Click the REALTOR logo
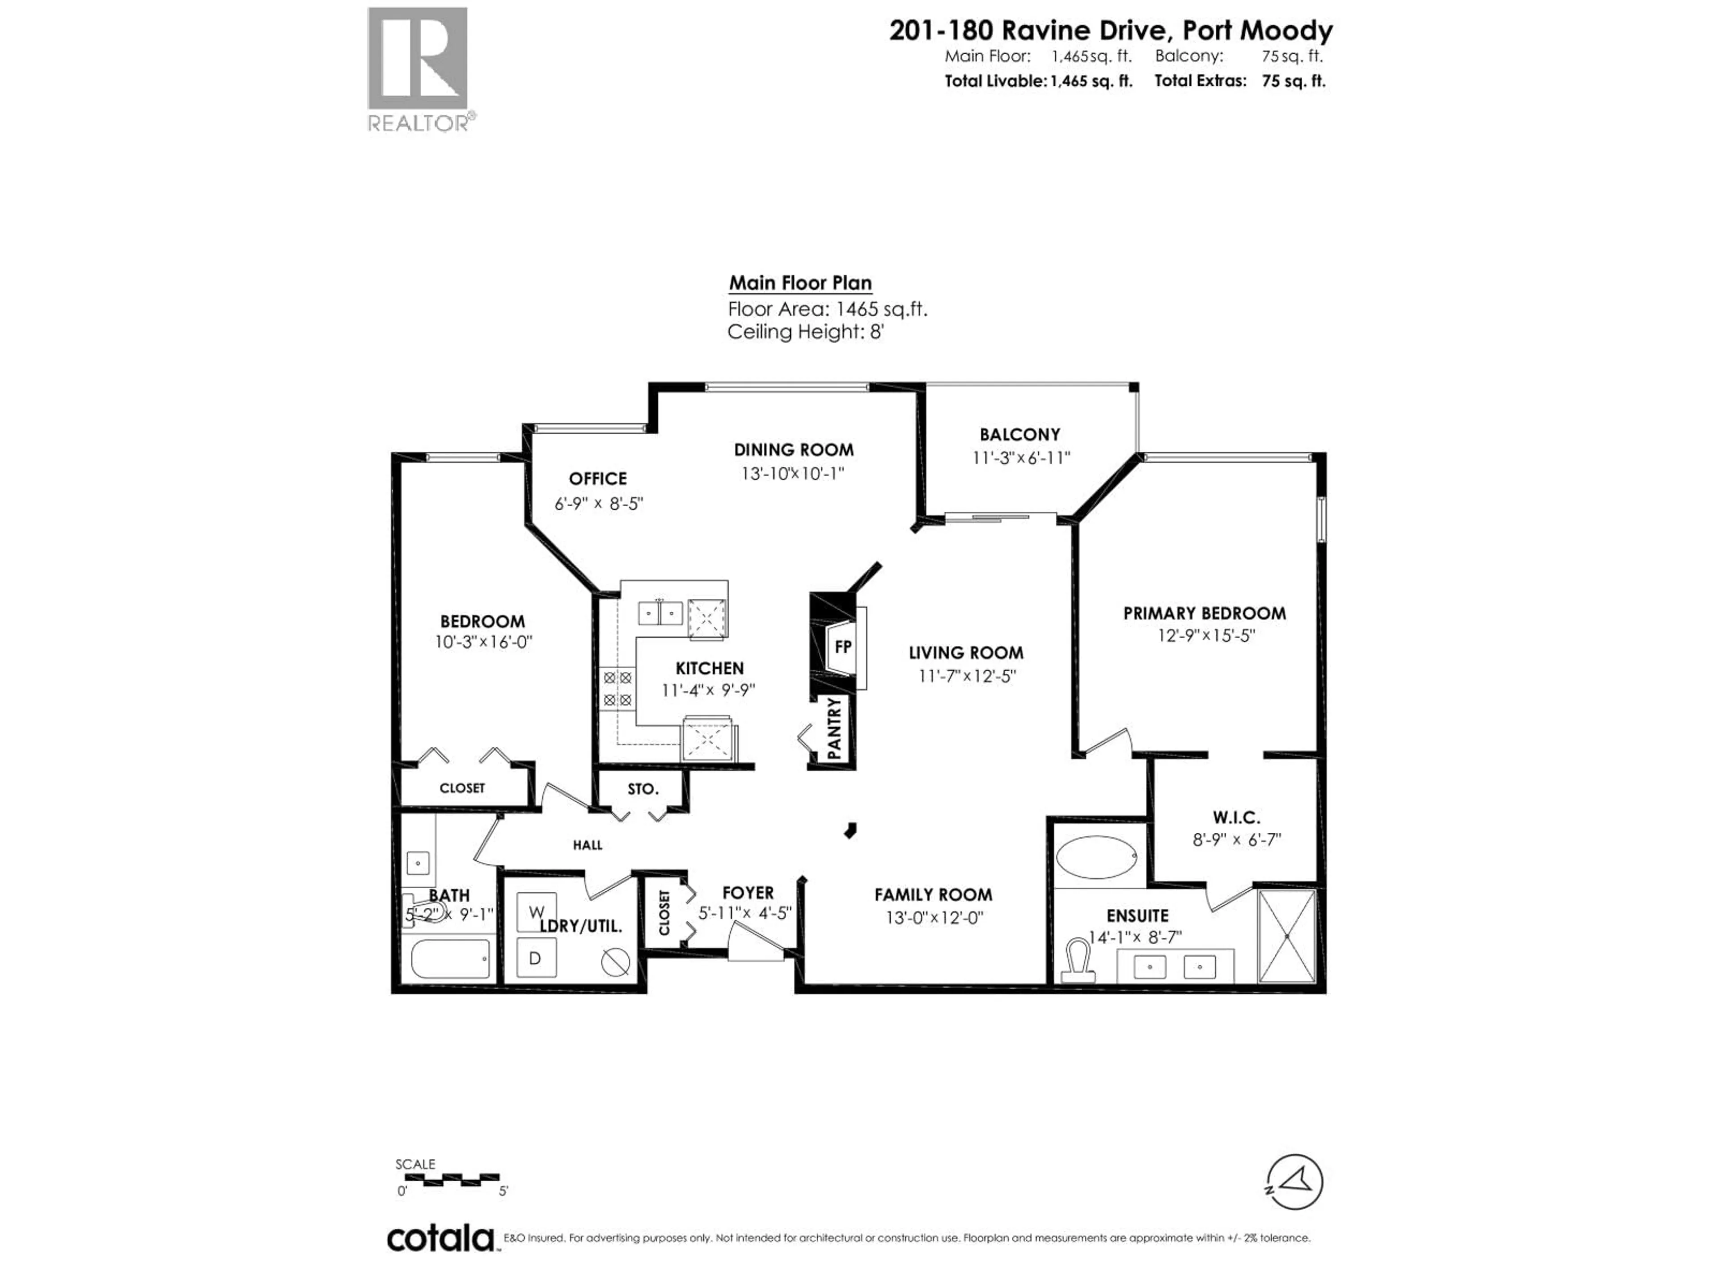(418, 68)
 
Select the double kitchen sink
(660, 613)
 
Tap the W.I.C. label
(1236, 818)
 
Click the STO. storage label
(643, 789)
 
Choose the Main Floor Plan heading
(799, 284)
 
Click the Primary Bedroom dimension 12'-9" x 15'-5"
(1205, 635)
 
